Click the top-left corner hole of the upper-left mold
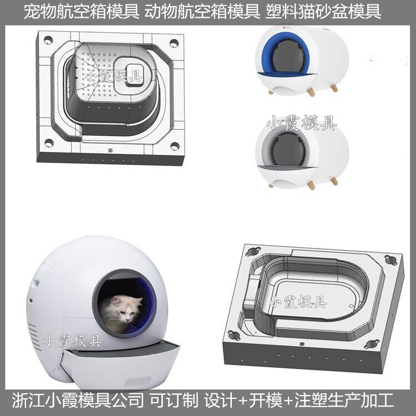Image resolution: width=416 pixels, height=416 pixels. [48, 40]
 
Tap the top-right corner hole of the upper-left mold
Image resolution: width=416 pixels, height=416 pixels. [174, 43]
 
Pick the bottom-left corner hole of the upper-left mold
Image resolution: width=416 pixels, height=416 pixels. [49, 143]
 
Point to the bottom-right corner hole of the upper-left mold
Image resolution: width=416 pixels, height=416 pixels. [175, 146]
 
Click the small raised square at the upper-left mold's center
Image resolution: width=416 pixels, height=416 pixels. [135, 75]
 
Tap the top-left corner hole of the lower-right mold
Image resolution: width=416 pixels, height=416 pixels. [253, 251]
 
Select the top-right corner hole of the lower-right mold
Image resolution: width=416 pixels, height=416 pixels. [390, 259]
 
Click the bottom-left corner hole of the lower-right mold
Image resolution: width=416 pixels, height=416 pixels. [234, 336]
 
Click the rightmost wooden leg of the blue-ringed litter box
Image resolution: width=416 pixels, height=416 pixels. [334, 87]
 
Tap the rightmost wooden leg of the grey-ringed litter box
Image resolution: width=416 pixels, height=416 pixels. [334, 181]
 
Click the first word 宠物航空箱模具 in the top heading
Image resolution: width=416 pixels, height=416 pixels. [82, 12]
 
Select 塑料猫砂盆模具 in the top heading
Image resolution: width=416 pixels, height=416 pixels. [323, 12]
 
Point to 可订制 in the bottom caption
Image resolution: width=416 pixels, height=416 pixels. [174, 400]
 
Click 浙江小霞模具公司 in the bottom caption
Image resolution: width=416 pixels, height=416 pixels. [78, 400]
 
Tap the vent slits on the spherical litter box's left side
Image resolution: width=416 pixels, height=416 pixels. [34, 335]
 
